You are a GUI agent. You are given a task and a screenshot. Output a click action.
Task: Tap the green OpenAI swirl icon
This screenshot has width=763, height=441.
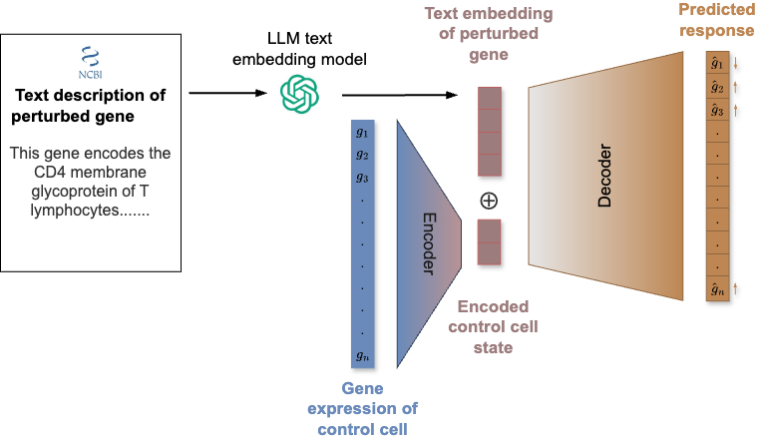[x=299, y=95]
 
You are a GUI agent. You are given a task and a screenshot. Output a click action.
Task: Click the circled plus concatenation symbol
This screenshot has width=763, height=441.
[x=489, y=200]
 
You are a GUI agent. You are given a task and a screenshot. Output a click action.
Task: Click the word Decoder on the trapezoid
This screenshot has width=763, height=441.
[x=604, y=179]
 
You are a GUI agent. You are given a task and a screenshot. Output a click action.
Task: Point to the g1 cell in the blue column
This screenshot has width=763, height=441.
[x=361, y=133]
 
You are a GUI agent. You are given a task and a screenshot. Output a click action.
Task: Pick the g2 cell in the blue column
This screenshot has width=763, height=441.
[x=361, y=155]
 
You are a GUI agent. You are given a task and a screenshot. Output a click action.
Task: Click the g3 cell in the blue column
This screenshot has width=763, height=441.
[x=361, y=178]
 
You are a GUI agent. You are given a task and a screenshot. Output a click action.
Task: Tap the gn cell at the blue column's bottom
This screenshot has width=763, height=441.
[x=361, y=355]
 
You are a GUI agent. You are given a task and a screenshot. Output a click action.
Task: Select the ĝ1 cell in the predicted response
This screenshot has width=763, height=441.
[x=716, y=65]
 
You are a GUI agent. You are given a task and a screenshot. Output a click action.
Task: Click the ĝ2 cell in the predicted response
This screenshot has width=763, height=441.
[x=716, y=88]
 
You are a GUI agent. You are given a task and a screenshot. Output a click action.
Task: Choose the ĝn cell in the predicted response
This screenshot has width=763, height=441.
[x=716, y=289]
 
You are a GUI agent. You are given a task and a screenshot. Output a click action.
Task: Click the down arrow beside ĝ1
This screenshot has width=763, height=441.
[x=736, y=66]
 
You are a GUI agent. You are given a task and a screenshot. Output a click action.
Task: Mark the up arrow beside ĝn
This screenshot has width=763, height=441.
[x=736, y=289]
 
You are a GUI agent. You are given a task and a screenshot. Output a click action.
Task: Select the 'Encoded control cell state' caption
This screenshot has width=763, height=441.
[x=493, y=327]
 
